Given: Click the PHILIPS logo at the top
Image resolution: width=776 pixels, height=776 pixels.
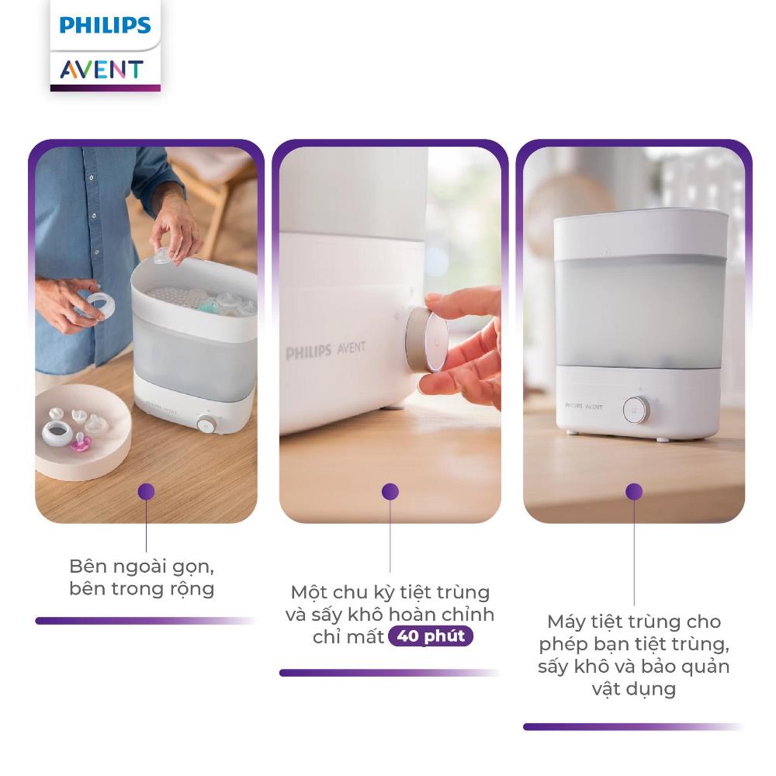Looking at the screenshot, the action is [x=105, y=25].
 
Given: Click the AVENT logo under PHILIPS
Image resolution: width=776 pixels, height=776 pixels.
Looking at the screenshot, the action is [x=102, y=69].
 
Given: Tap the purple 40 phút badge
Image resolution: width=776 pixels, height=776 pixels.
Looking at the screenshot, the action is [x=431, y=636].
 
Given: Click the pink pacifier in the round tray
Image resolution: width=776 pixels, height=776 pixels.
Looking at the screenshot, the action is [x=78, y=442].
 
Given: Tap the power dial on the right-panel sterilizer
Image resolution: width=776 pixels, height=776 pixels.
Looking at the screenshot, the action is [x=636, y=410].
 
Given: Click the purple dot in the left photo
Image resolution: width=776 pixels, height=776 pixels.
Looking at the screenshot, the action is [x=146, y=491].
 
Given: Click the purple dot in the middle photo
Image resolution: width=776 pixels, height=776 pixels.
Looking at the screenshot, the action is [x=390, y=491].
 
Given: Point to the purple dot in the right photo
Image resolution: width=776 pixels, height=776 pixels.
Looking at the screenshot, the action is [x=634, y=491].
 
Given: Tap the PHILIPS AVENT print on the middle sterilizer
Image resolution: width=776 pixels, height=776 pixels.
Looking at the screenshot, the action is [x=326, y=350].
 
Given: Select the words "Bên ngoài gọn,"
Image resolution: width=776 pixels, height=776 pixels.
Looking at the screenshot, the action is [x=141, y=566].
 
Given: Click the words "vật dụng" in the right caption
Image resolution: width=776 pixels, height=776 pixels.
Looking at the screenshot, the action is [x=634, y=689].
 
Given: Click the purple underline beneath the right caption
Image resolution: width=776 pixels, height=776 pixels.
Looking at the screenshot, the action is [x=634, y=726].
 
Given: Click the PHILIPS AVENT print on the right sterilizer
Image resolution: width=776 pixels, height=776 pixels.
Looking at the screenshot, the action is [x=584, y=407].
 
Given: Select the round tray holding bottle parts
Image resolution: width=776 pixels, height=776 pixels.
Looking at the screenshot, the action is [x=82, y=431].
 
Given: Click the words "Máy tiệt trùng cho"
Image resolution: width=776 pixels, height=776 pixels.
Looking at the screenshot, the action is [x=634, y=622].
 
